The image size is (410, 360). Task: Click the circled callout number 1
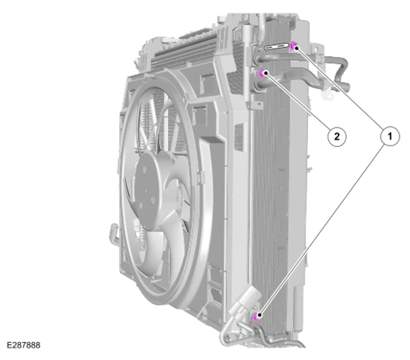390,136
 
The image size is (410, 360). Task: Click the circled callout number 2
337,136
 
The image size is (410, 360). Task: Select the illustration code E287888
23,345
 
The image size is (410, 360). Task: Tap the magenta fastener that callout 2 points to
262,73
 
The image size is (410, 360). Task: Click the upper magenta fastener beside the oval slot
293,46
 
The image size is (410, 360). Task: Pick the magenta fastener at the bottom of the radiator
256,316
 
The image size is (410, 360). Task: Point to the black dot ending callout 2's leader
265,73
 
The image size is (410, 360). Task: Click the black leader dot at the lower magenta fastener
259,315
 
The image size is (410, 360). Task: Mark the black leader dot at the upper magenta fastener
296,47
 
